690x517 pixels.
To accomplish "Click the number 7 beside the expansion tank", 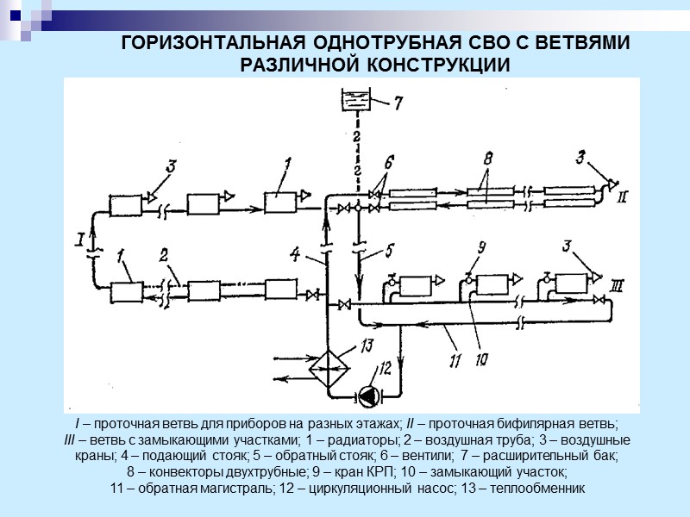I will tap(398, 103).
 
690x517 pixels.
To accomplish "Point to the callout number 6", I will tap(389, 161).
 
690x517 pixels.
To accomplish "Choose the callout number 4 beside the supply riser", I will tap(295, 254).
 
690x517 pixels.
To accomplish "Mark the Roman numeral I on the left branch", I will tap(79, 237).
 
